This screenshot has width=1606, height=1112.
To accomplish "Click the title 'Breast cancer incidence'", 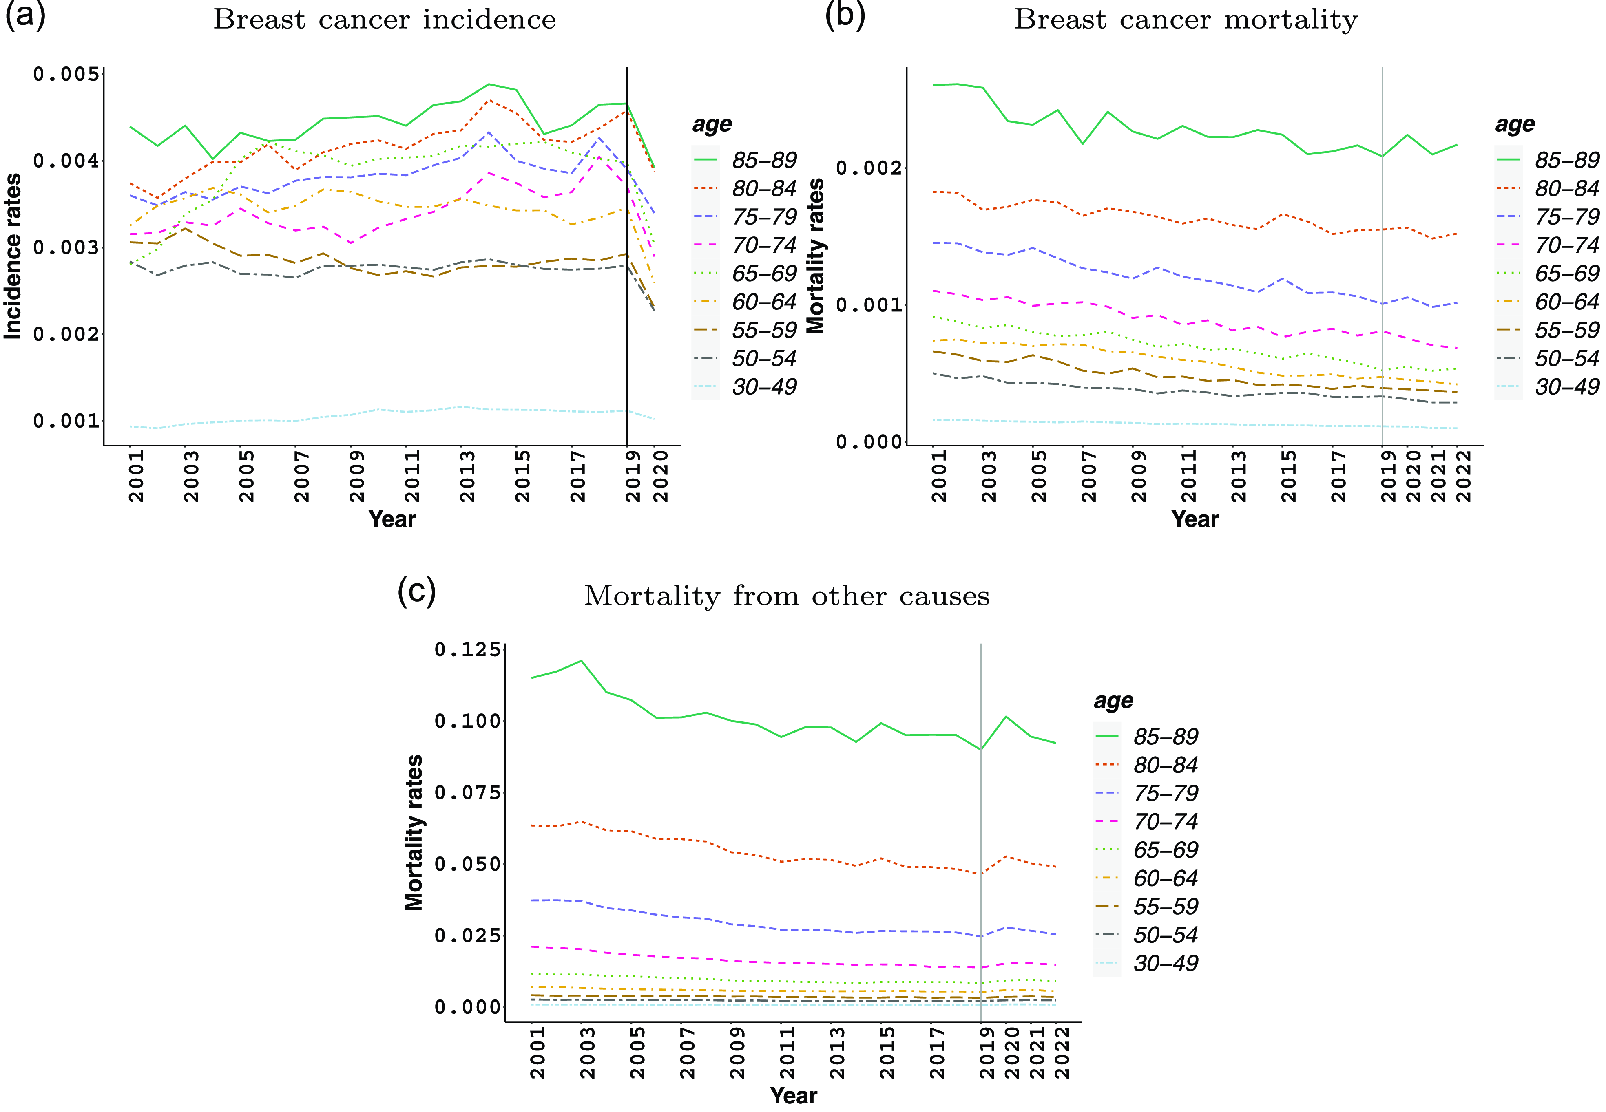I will (384, 20).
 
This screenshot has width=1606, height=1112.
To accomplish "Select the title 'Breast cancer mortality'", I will (1186, 20).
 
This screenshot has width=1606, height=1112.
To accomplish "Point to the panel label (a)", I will (25, 15).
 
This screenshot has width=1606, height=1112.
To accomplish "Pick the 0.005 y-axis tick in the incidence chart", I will (66, 74).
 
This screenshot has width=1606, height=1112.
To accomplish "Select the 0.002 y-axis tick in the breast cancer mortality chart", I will (868, 168).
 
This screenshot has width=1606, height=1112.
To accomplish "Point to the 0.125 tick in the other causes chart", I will (467, 649).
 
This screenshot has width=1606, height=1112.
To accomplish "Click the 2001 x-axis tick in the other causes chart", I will (538, 1052).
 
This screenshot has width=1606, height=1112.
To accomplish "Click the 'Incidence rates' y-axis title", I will (13, 256).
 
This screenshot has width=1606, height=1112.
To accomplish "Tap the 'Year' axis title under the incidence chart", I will (392, 519).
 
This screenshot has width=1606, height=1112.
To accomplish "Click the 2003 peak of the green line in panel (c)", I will (581, 660).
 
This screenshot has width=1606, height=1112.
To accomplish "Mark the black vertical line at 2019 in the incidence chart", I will (627, 279).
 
